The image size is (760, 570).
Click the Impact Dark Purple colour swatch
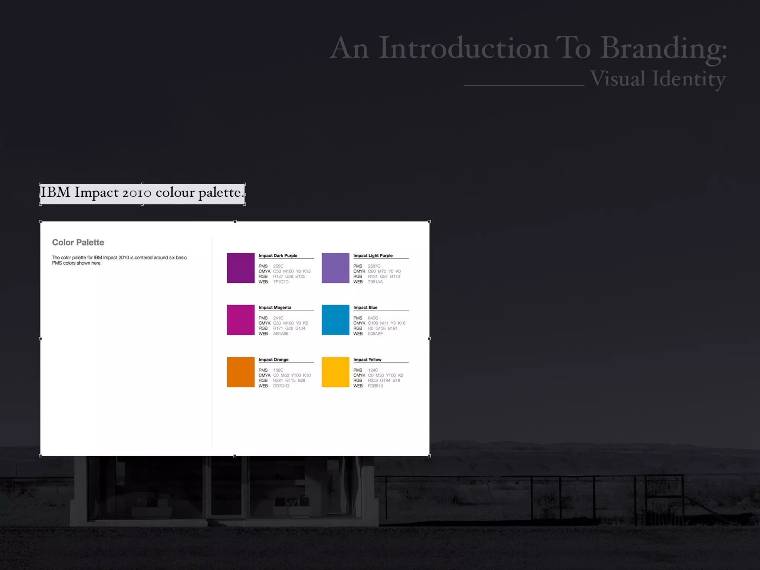click(240, 268)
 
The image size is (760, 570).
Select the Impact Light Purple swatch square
click(335, 268)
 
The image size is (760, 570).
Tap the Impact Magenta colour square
click(240, 320)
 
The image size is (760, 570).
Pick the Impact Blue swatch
click(335, 320)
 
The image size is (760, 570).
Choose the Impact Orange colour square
click(240, 372)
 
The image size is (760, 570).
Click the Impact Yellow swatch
click(335, 372)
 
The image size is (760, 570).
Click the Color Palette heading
click(78, 242)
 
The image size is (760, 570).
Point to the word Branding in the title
click(663, 48)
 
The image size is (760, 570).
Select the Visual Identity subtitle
click(657, 79)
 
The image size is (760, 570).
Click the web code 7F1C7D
click(281, 282)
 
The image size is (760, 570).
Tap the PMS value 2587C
click(374, 266)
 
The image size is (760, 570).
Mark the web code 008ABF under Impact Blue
click(375, 334)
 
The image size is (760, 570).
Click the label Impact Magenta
click(275, 307)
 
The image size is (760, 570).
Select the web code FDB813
click(375, 386)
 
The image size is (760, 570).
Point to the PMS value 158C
click(278, 370)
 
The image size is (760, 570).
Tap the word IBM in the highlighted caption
click(55, 192)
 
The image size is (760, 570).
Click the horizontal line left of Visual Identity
click(524, 85)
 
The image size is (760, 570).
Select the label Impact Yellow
click(367, 360)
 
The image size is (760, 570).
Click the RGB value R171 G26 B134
click(289, 328)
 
